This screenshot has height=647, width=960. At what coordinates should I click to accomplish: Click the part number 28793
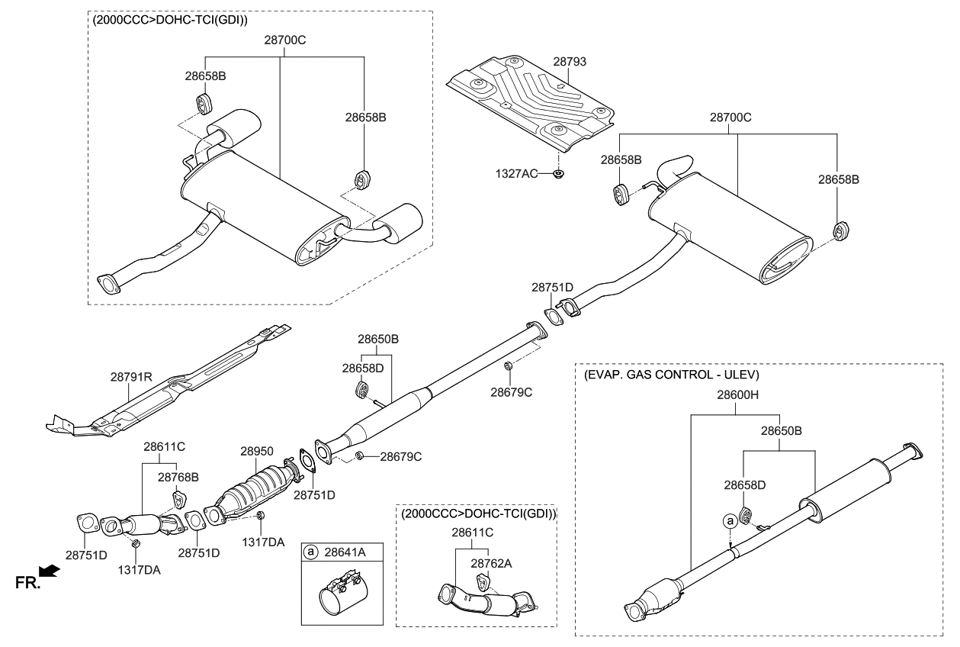click(x=571, y=60)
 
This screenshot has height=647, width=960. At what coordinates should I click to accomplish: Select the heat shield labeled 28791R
click(x=175, y=381)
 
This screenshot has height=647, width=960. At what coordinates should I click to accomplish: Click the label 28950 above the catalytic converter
click(x=257, y=452)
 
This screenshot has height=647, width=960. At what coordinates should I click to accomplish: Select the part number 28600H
click(x=736, y=395)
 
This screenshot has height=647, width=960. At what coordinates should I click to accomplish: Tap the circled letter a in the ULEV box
click(x=730, y=520)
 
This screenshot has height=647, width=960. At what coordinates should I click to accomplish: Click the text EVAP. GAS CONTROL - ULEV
click(x=671, y=375)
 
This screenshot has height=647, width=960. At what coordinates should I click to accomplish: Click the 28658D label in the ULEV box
click(x=744, y=484)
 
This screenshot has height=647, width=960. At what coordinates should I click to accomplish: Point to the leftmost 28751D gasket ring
click(x=88, y=525)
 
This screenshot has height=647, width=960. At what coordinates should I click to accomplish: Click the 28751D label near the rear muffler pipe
click(x=552, y=287)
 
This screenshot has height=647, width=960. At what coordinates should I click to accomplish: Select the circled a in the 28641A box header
click(x=310, y=551)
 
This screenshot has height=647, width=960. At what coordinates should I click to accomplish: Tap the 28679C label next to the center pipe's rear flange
click(x=511, y=392)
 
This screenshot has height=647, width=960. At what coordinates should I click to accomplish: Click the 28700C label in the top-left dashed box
click(x=284, y=38)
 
